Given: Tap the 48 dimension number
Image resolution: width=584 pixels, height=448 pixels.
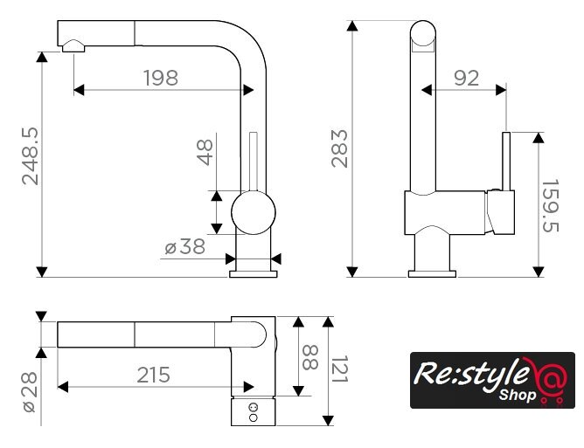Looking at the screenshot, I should click(205, 151).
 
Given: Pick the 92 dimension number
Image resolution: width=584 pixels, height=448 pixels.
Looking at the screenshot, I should click(467, 78).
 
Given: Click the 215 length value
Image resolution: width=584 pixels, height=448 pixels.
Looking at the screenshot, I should click(153, 375).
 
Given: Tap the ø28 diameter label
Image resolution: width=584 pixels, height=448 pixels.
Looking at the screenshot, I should click(30, 393).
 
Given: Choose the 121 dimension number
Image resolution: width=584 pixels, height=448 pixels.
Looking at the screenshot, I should click(339, 374).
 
